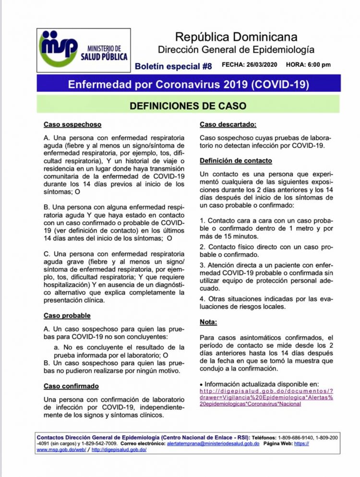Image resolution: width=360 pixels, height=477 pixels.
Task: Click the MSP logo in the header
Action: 58,48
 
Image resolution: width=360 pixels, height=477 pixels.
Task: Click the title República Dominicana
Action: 236,36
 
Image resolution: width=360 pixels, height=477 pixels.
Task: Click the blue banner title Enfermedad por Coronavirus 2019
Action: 189,84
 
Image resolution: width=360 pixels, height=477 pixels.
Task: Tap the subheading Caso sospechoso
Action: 72,124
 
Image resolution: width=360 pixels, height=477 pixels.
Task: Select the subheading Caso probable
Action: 67,316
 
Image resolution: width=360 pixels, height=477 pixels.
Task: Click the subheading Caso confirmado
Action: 71,386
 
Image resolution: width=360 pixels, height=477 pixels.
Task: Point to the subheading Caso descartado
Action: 228,124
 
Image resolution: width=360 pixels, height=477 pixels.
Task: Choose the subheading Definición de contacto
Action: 236,161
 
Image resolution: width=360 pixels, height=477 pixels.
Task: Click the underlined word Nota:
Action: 208,322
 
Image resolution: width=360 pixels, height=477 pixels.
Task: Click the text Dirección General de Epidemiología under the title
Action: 237,49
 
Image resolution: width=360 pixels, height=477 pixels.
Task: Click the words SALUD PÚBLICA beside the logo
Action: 104,57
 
